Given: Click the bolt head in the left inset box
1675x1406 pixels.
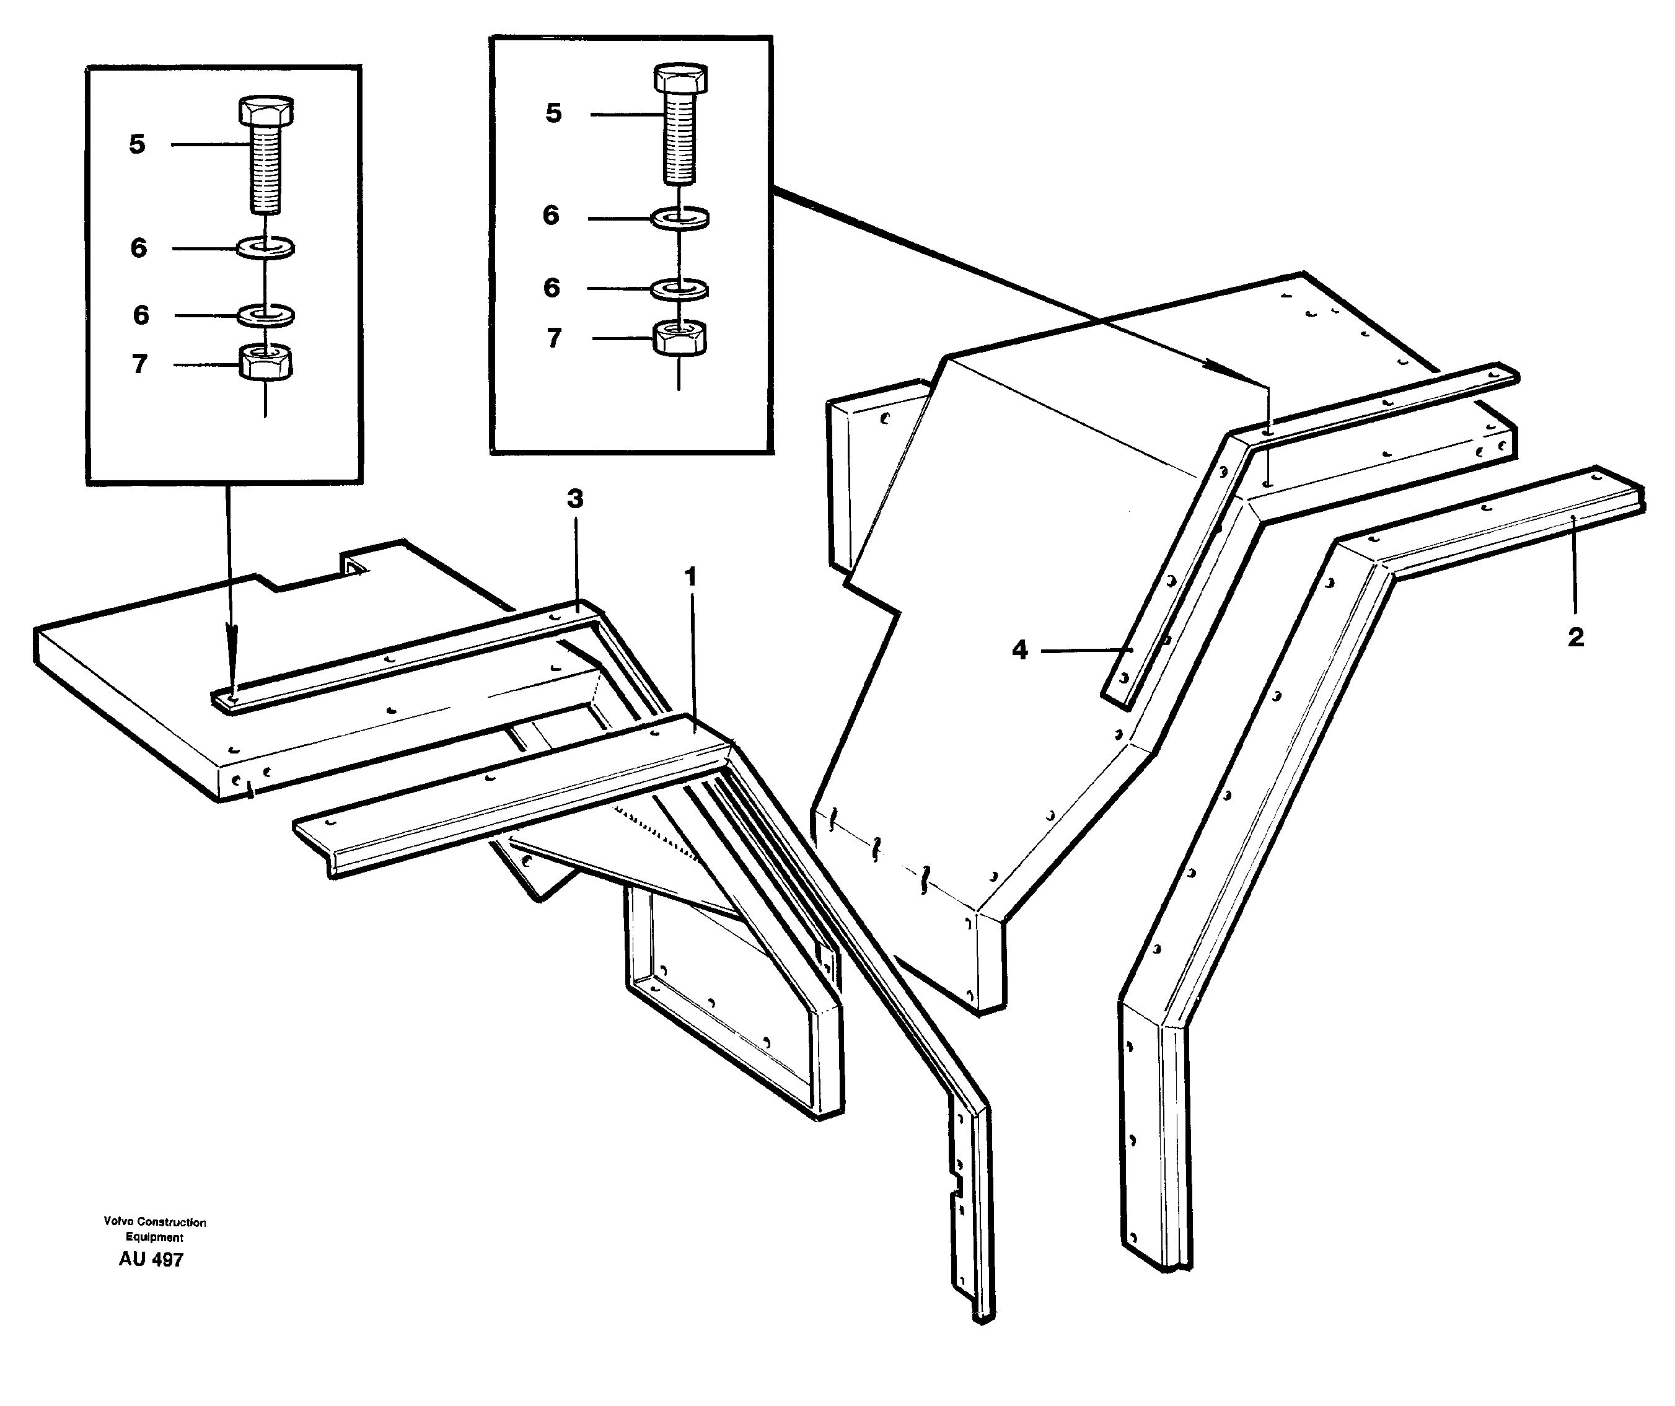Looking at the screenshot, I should (x=266, y=111).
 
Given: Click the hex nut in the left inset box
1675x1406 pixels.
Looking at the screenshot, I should (x=266, y=364).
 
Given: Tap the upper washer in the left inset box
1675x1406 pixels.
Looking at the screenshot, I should (x=266, y=248).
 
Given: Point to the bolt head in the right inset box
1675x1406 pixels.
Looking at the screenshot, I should (x=680, y=79).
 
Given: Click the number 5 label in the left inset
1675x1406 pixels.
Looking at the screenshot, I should (x=137, y=144).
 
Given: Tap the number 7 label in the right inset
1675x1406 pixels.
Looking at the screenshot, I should (x=553, y=338).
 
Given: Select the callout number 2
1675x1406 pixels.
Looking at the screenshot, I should (x=1575, y=637).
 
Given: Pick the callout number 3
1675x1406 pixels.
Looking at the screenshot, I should (x=574, y=499).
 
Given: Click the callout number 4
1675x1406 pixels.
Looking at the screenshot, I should (x=1019, y=651).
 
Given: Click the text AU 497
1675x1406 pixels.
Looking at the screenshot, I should (x=151, y=1259).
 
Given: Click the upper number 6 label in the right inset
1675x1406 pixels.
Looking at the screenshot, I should (x=550, y=215).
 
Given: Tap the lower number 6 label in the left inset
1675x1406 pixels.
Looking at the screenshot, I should (x=141, y=315).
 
